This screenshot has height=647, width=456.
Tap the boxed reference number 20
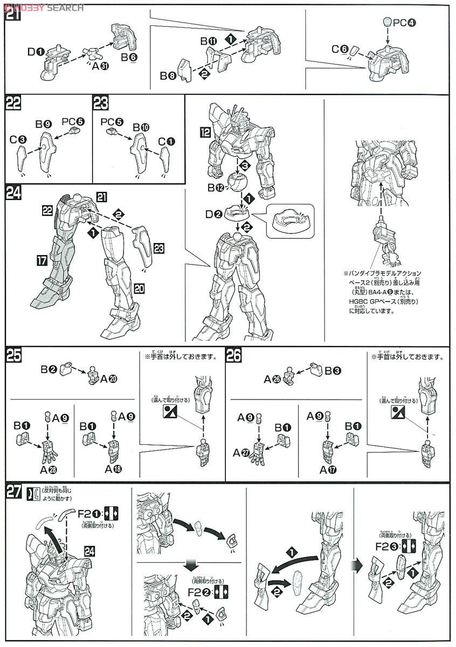pyautogui.click(x=139, y=288)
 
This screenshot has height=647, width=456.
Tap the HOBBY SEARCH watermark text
pyautogui.click(x=43, y=8)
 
